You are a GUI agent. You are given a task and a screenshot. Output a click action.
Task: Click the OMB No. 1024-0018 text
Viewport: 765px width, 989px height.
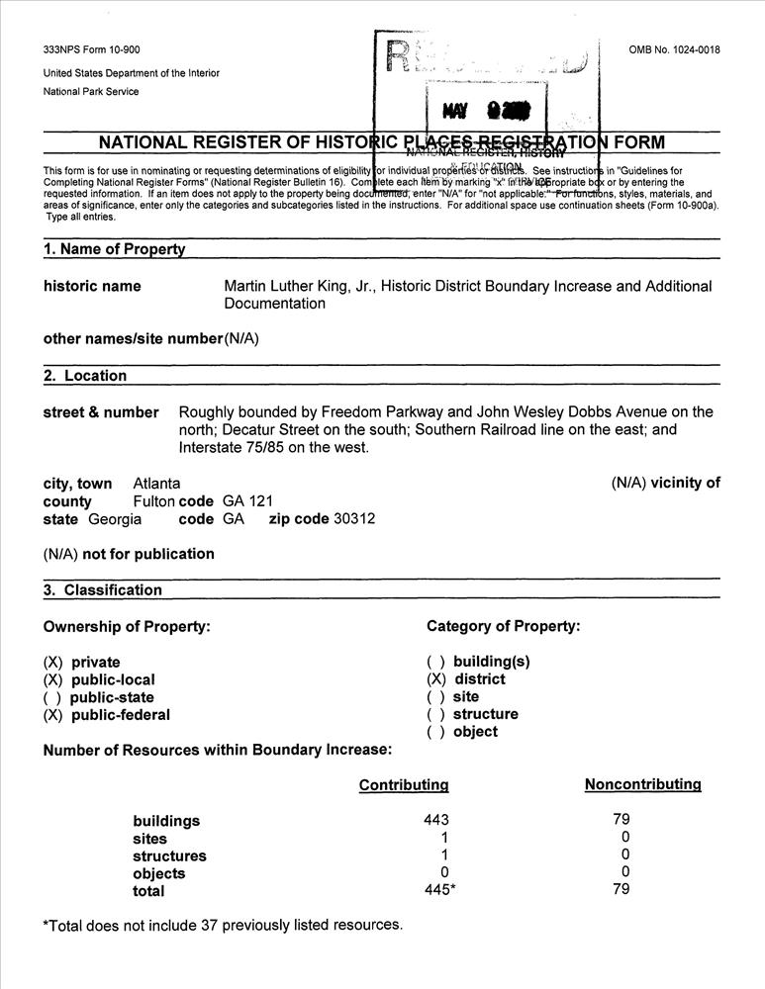[674, 50]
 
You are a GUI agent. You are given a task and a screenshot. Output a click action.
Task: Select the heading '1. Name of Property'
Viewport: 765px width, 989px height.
[114, 249]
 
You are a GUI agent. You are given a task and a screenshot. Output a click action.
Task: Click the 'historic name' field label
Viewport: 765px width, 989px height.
[92, 287]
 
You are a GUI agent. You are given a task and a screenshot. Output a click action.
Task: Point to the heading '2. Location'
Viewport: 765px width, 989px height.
[85, 376]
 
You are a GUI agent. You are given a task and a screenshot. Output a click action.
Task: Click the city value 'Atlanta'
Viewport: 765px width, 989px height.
[156, 484]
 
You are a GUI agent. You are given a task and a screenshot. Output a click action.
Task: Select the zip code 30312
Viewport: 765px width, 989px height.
[353, 519]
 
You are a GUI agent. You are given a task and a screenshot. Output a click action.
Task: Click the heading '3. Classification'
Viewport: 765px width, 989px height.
[103, 590]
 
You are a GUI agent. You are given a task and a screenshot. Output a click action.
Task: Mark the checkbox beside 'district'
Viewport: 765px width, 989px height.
[435, 679]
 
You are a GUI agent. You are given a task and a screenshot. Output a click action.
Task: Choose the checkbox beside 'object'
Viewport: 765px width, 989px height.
[435, 732]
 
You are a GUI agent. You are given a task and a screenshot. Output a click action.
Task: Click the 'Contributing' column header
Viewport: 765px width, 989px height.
[404, 785]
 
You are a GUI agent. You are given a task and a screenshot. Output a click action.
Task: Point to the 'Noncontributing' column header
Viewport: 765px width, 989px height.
[642, 785]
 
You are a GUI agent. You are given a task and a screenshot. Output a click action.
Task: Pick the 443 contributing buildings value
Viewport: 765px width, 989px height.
[435, 820]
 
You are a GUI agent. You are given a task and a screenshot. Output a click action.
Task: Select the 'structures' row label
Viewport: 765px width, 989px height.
[169, 856]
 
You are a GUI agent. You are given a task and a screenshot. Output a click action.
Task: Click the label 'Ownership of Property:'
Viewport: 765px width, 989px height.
[127, 627]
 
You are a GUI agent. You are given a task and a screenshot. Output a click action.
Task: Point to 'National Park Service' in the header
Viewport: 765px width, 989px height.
[91, 92]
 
